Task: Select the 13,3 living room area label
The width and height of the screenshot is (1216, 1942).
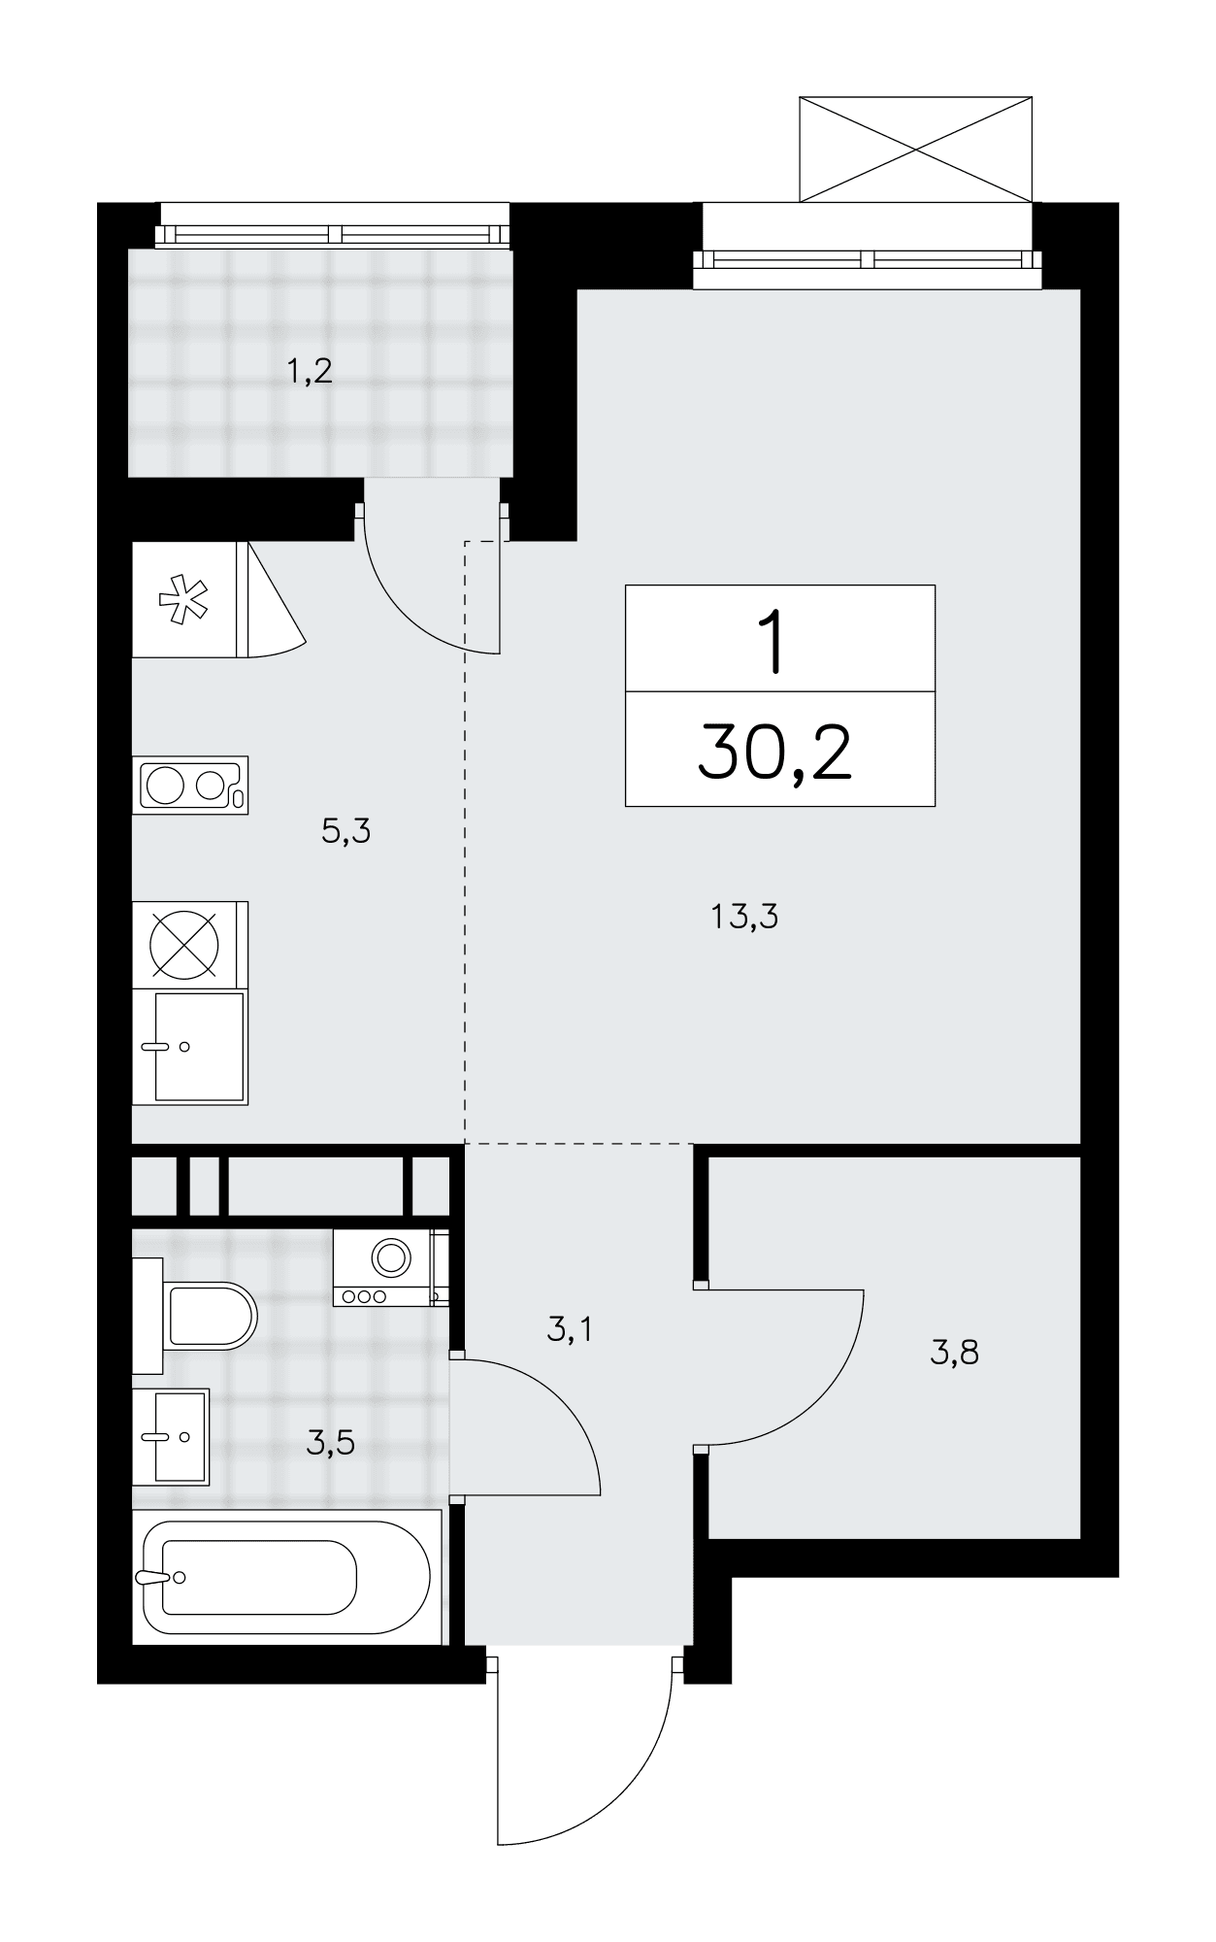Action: pyautogui.click(x=745, y=917)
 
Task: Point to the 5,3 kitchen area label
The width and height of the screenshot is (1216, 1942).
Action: pyautogui.click(x=346, y=831)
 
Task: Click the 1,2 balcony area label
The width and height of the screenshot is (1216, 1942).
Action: pyautogui.click(x=310, y=371)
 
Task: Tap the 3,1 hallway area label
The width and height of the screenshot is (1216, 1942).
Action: pyautogui.click(x=570, y=1329)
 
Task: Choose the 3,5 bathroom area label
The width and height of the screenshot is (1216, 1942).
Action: pyautogui.click(x=330, y=1444)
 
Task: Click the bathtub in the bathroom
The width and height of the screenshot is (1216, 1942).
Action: pyautogui.click(x=287, y=1577)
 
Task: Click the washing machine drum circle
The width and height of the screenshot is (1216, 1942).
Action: pyautogui.click(x=392, y=1257)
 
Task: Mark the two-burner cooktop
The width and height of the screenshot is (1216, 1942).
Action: pyautogui.click(x=190, y=785)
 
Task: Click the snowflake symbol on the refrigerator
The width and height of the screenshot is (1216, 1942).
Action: pyautogui.click(x=183, y=599)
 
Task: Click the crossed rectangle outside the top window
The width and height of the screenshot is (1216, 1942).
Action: pyautogui.click(x=915, y=149)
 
